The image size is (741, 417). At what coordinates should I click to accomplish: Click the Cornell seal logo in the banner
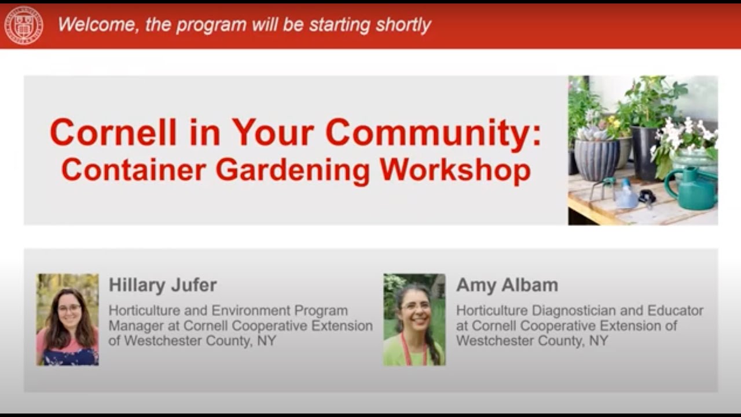(24, 25)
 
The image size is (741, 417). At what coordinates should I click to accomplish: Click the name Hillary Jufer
(163, 285)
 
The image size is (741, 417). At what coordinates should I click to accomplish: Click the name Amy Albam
(507, 285)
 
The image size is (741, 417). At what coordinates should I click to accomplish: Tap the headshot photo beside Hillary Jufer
(68, 319)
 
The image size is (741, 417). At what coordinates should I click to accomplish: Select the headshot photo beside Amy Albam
(414, 319)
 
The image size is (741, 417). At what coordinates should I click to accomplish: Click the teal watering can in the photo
(692, 189)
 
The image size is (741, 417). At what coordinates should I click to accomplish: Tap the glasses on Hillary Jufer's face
(69, 308)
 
